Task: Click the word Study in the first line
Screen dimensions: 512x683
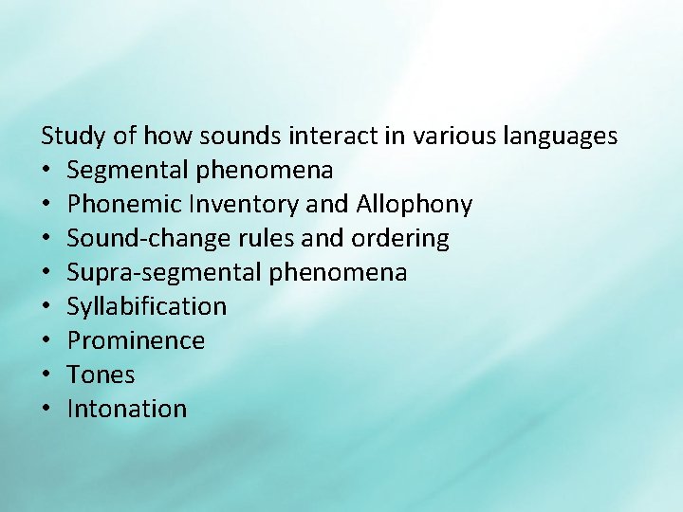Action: tap(74, 137)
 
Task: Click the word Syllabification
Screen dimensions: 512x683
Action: tap(147, 307)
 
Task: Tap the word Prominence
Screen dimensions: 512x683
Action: tap(136, 341)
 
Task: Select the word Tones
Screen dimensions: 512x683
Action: tap(101, 375)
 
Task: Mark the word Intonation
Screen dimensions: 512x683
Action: tap(127, 410)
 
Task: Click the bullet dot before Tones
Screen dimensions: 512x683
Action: tap(46, 375)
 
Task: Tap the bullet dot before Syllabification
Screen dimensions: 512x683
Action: tap(46, 307)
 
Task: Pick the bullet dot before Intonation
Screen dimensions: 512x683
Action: tap(46, 410)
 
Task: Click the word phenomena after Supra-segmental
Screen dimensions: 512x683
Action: tap(338, 273)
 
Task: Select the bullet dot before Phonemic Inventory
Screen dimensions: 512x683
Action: tap(46, 205)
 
